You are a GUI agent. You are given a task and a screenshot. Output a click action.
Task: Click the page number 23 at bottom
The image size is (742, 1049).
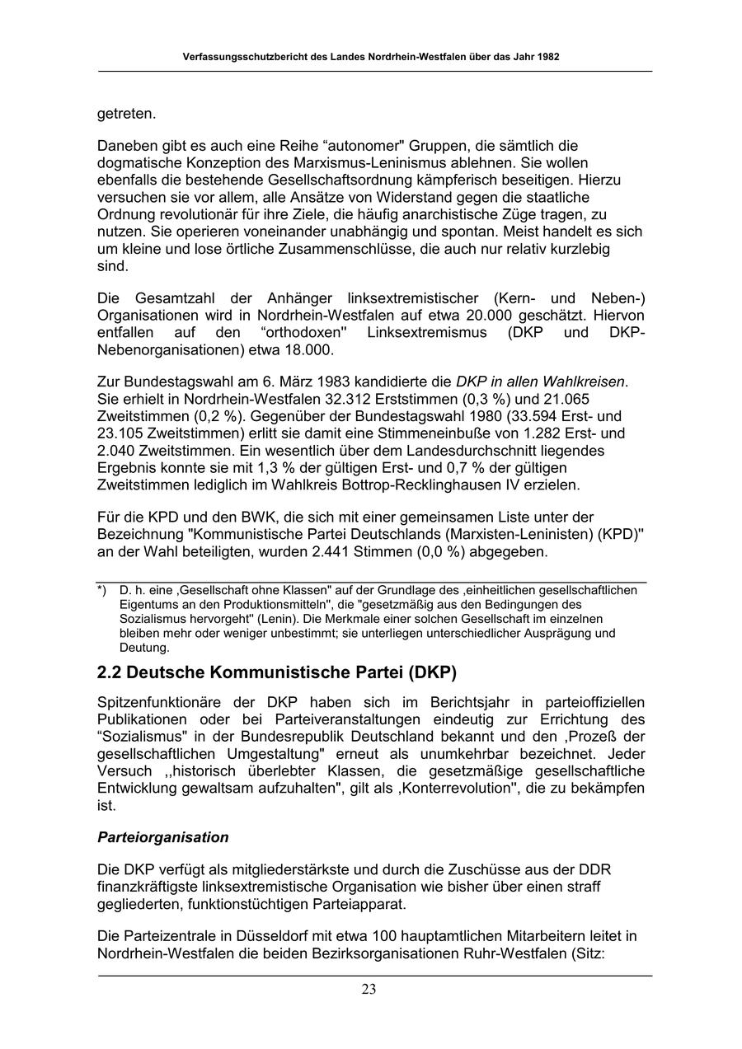[x=369, y=990]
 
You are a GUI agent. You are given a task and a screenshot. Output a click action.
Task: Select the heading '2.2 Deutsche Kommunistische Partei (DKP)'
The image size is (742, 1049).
[x=276, y=672]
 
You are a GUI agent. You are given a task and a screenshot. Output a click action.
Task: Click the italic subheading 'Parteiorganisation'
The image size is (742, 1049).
[x=162, y=837]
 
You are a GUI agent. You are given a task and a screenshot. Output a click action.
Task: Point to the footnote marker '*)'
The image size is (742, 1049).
[x=102, y=590]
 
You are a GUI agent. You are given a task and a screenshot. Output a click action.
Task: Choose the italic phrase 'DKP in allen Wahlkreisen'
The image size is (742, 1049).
[x=541, y=382]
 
